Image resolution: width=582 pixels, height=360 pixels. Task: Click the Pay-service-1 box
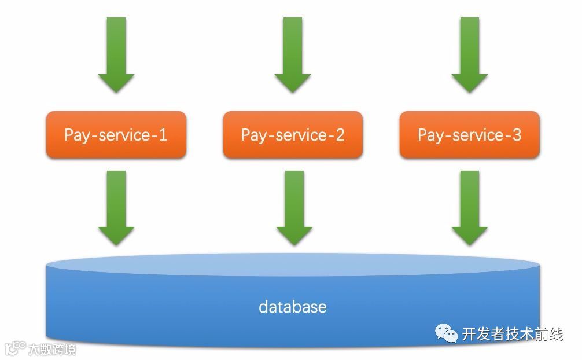coord(116,135)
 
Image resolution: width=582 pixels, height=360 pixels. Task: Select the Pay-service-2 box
coord(293,135)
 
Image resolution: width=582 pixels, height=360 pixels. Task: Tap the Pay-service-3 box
coord(469,135)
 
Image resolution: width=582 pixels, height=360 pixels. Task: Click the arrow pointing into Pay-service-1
coord(116,55)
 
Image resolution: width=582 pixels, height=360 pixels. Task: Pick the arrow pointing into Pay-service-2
coord(293,55)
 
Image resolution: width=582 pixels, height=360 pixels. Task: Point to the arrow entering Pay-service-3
coord(469,55)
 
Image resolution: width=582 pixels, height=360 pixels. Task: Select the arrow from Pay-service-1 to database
coord(116,207)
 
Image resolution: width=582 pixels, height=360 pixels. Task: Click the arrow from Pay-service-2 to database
coord(293,207)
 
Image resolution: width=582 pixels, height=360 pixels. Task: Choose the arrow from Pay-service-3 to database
coord(469,207)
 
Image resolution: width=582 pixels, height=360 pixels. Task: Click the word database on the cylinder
coord(292,307)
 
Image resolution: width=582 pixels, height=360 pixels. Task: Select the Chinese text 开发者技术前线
coord(512,334)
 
